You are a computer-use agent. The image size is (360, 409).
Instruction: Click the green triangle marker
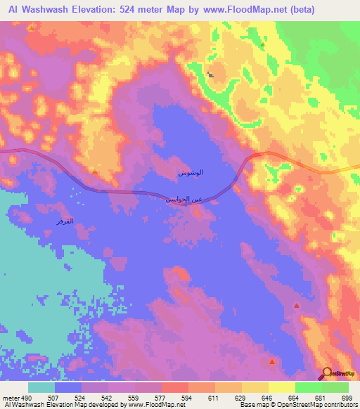262,44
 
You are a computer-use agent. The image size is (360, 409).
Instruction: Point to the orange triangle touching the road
94,170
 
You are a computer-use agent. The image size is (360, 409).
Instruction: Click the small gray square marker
210,72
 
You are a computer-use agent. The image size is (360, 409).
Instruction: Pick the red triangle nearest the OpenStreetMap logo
272,361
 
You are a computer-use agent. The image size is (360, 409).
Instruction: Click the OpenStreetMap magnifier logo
326,374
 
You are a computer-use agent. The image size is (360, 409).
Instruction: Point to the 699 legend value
345,398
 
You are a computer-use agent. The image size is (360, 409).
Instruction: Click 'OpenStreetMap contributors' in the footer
316,405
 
